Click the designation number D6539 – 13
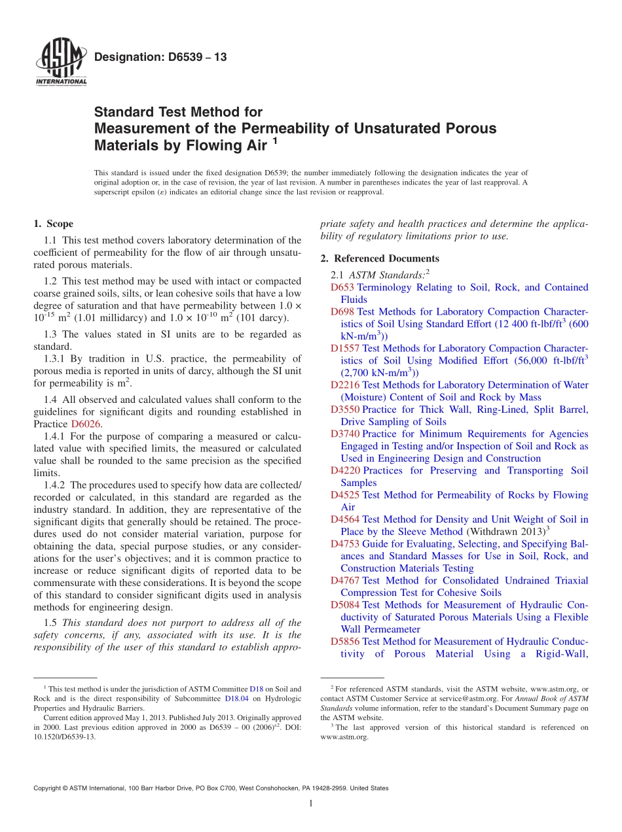160,57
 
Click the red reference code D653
342,287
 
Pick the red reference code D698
342,312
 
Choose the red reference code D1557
345,349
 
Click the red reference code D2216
345,385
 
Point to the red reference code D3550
345,409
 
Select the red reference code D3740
345,434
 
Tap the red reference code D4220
345,470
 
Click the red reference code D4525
345,495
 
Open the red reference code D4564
345,519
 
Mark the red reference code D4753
345,544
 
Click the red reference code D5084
345,605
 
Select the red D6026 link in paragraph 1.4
86,424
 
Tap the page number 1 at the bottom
311,803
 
